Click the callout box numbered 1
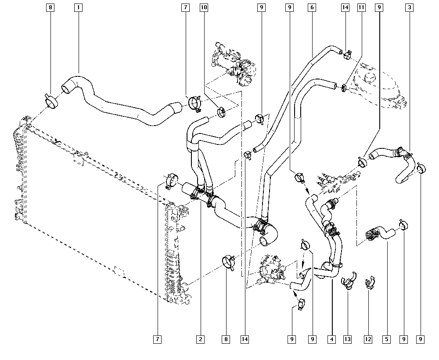[x=79, y=7]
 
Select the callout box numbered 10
[x=204, y=7]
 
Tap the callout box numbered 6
[x=311, y=7]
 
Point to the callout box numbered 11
[x=361, y=7]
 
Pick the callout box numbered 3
[x=409, y=7]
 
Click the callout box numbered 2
[x=200, y=339]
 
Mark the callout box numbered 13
[x=348, y=339]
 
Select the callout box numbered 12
[x=368, y=339]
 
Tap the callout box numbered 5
[x=386, y=339]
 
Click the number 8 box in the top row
[x=51, y=7]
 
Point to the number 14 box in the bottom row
[x=245, y=339]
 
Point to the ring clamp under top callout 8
[x=52, y=101]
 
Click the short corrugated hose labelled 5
[x=380, y=232]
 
